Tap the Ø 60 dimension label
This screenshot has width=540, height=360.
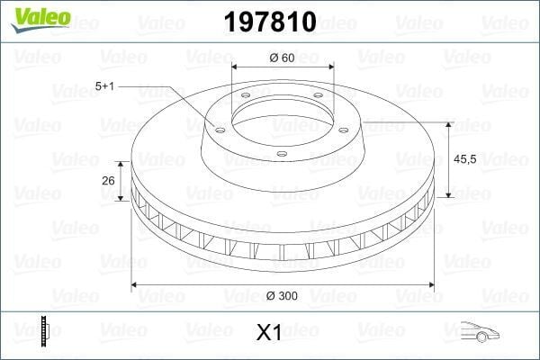click(283, 58)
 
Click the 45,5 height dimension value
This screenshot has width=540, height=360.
click(465, 158)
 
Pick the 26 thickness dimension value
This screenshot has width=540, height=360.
click(108, 180)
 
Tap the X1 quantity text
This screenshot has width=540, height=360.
click(269, 333)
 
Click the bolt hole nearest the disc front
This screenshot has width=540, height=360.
click(281, 155)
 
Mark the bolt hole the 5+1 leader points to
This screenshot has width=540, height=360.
click(219, 127)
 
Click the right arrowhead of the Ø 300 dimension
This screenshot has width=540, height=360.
click(428, 286)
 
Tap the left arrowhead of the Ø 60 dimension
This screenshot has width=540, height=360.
click(236, 68)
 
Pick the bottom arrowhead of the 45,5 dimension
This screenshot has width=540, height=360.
click(447, 193)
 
